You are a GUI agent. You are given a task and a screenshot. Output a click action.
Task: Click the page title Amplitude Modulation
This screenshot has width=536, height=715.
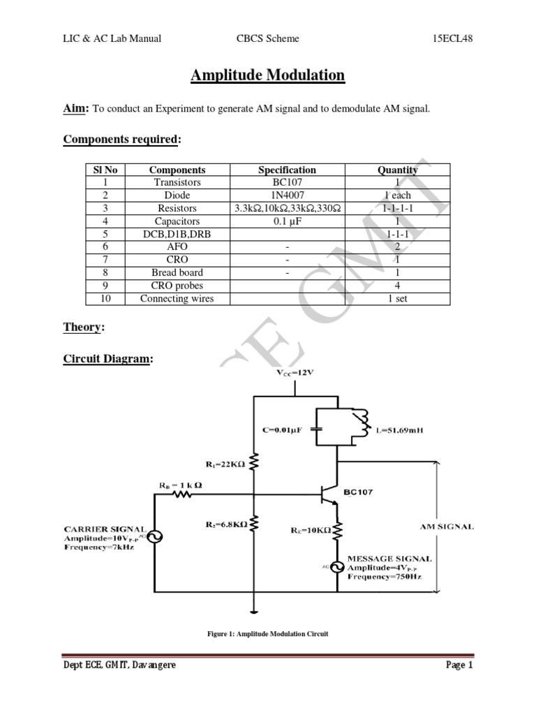[267, 75]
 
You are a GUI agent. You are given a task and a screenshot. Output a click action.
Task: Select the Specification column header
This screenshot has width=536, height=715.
[287, 170]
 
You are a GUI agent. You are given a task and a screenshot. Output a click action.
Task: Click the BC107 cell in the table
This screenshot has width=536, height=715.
[287, 182]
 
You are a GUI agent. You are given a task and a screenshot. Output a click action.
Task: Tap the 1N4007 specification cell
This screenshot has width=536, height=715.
[287, 196]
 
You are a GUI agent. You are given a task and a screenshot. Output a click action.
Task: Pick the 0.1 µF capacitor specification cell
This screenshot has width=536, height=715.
[287, 221]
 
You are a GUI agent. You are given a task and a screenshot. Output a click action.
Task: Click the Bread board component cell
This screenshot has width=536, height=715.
[177, 272]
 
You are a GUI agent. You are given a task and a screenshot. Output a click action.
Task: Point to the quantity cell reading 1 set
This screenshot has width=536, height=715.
[397, 298]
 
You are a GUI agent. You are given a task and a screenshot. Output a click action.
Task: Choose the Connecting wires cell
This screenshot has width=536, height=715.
[177, 299]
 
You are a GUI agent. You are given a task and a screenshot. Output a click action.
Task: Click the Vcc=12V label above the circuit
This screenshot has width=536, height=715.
[295, 373]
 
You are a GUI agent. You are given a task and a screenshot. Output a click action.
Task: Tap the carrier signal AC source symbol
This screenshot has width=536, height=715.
[155, 537]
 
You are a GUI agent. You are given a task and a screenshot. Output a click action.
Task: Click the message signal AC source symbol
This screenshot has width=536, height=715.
[337, 567]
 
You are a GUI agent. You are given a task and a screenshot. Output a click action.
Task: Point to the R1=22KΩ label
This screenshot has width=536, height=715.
[225, 464]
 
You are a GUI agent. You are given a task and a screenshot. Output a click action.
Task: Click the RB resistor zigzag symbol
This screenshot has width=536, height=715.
[182, 494]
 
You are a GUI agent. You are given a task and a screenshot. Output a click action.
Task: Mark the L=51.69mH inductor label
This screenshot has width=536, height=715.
[399, 430]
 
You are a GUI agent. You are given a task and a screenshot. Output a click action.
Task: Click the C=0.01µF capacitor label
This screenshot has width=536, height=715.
[282, 429]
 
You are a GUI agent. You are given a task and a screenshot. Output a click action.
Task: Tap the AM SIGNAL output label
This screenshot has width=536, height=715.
[447, 526]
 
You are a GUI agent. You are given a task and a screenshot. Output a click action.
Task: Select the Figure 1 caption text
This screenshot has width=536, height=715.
[267, 633]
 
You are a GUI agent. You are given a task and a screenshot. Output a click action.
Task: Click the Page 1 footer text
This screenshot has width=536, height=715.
[459, 665]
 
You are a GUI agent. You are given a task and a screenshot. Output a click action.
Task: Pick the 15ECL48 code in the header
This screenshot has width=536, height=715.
[452, 39]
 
